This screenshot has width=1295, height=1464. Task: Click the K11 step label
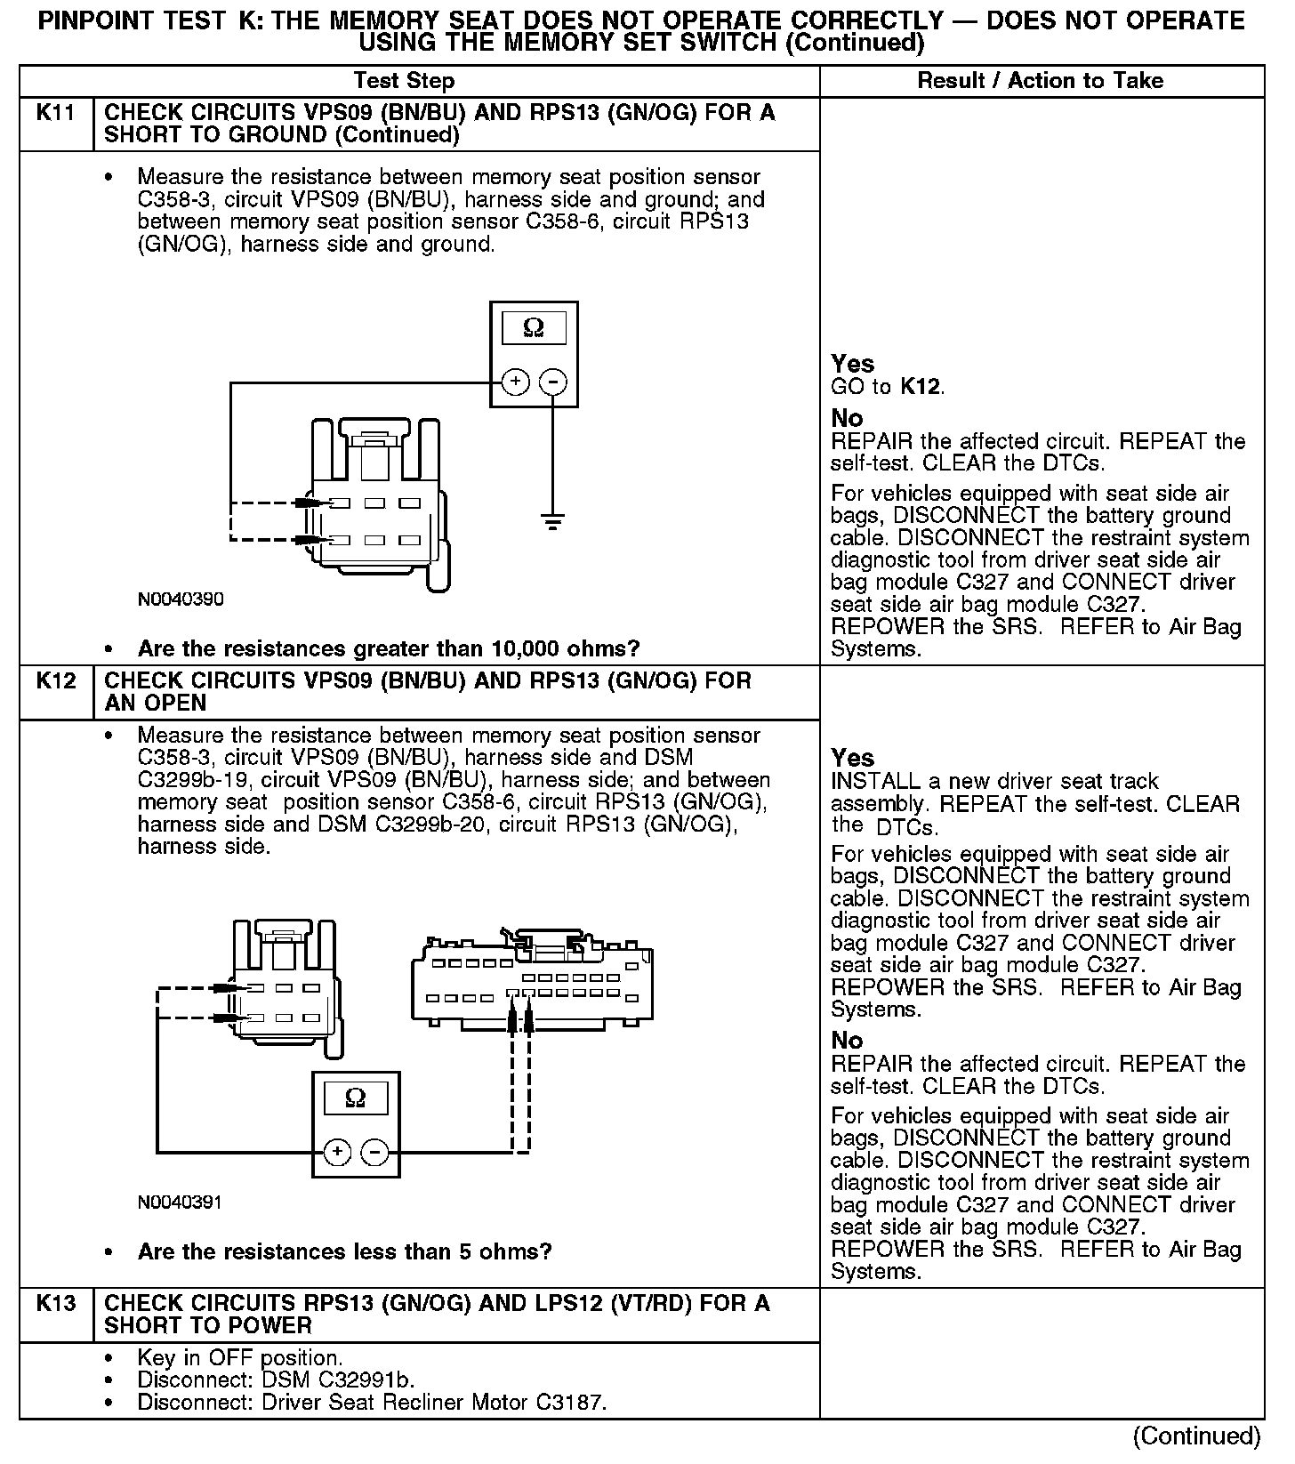tap(55, 113)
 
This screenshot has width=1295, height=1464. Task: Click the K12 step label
tap(55, 681)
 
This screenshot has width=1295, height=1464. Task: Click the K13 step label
tap(55, 1304)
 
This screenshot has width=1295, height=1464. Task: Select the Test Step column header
tap(404, 81)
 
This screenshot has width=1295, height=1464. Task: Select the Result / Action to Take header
tap(1040, 81)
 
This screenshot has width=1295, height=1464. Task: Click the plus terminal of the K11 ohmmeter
tap(515, 382)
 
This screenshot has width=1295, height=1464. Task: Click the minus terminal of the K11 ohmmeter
tap(553, 382)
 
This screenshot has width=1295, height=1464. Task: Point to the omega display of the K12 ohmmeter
tap(355, 1098)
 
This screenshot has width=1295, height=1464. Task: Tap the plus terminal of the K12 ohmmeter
tap(336, 1153)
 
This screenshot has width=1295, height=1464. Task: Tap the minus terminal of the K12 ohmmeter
tap(374, 1153)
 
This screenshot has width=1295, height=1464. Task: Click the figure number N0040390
tap(181, 599)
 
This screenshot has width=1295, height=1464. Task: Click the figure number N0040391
tap(180, 1203)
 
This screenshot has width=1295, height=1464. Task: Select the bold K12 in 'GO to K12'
tap(921, 387)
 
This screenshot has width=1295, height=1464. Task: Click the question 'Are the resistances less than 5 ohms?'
tap(344, 1252)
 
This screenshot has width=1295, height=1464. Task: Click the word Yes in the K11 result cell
tap(852, 364)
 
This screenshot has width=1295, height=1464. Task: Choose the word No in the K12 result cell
tap(847, 1041)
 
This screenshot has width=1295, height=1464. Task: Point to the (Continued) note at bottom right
tap(1196, 1436)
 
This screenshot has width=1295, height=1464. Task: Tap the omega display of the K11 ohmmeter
tap(534, 329)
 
